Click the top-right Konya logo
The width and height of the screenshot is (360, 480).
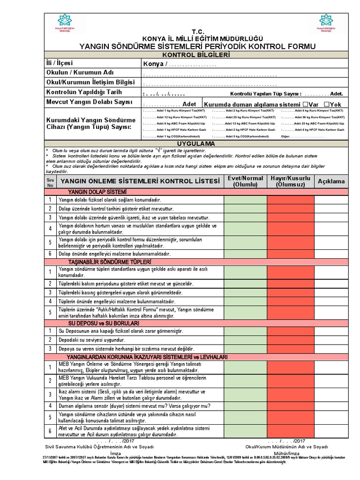[x=326, y=22]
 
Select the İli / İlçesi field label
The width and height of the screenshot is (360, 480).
[x=60, y=63]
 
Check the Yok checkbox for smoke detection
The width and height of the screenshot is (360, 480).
[x=327, y=104]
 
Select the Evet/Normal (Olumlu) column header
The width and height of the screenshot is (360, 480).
[x=245, y=181]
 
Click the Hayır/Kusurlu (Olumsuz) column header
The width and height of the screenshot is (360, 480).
[x=291, y=181]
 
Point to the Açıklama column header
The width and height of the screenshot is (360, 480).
[x=331, y=181]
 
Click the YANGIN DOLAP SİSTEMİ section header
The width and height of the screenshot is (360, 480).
[x=97, y=192]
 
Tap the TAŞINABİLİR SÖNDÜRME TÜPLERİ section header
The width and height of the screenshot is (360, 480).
[x=110, y=261]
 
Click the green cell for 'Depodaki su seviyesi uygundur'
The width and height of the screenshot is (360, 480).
[x=245, y=340]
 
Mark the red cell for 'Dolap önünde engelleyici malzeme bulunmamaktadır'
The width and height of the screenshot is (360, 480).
[x=291, y=254]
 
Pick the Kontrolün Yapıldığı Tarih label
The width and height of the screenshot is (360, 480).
[x=84, y=92]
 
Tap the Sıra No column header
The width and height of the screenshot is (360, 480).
[x=50, y=181]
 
